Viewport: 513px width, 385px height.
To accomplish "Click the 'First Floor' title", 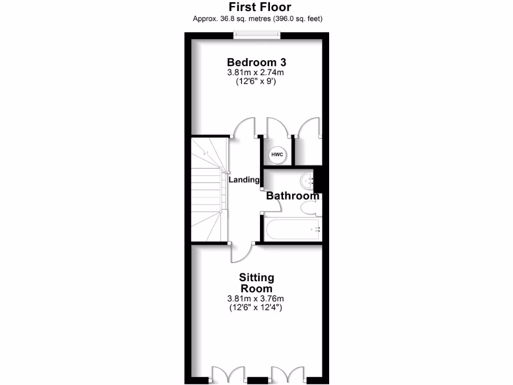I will coord(260,7).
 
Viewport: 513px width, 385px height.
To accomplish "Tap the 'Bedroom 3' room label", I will coord(256,62).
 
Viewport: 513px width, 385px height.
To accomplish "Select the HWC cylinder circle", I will coord(277,154).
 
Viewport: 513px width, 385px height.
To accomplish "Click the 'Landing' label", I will coord(244,179).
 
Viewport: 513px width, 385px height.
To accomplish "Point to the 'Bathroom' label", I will coord(293,196).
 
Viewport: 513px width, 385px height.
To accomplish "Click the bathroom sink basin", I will coord(307,179).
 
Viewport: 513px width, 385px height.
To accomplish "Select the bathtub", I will coord(292,230).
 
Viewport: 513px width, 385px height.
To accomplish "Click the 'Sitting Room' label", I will coord(256,283).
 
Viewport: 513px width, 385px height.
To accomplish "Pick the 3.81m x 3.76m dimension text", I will coord(256,299).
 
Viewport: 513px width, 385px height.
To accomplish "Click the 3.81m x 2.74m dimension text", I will coord(256,73).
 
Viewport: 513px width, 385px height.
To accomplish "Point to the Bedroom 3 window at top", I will coord(256,35).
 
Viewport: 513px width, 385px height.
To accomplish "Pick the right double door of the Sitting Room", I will coord(288,375).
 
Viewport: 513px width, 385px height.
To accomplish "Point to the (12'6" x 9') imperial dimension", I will coord(256,82).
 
